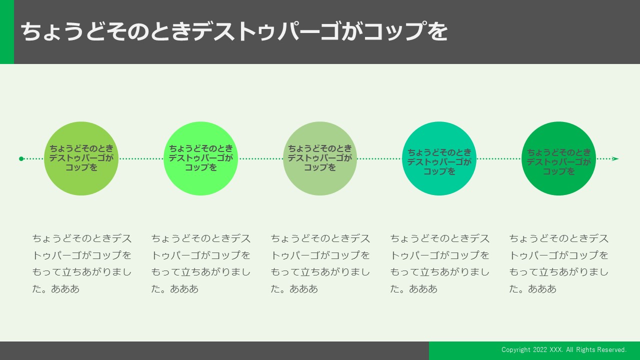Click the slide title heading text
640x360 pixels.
234,31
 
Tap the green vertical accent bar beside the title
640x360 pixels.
7,31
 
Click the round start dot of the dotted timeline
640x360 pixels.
21,158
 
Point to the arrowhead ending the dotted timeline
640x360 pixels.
615,158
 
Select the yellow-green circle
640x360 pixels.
81,158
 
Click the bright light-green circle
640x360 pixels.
200,158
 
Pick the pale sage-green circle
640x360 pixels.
319,158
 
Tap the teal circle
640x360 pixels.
439,158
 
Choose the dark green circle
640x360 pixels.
558,158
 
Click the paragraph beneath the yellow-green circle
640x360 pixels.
81,263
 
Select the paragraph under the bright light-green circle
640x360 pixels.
201,263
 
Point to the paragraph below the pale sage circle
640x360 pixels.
320,263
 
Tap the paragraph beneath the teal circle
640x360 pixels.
439,263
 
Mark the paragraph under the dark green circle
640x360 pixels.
559,263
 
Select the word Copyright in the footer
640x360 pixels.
516,350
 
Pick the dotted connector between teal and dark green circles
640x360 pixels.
499,158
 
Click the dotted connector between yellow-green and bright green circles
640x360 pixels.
141,158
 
